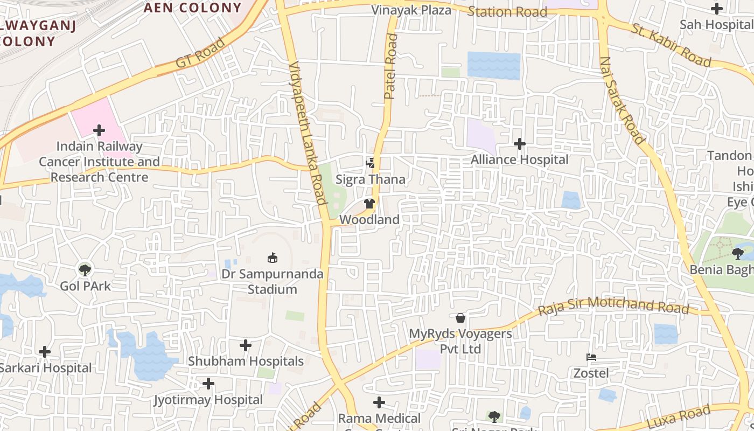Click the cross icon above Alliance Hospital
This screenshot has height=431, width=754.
[x=520, y=144]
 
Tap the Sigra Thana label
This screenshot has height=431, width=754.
[x=371, y=179]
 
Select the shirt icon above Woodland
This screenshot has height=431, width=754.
[x=369, y=204]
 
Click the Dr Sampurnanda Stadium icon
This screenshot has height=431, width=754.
[x=273, y=258]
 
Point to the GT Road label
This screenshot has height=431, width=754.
[x=200, y=53]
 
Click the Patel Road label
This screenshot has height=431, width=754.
[x=391, y=66]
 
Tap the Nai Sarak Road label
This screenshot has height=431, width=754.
[x=622, y=100]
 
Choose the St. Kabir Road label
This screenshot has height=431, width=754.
[x=671, y=45]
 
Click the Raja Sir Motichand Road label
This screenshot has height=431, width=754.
[x=613, y=306]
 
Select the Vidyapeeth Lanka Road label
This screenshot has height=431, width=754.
[x=309, y=133]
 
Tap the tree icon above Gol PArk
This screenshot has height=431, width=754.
[x=85, y=269]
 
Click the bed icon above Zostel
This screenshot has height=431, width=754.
[x=591, y=357]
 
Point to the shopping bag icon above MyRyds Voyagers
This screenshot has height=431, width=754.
[x=460, y=318]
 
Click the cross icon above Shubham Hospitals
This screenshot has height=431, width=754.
[x=246, y=345]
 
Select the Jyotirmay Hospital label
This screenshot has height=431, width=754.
[x=208, y=400]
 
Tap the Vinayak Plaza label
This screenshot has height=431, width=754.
[x=411, y=10]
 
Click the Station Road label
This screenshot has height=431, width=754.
[x=507, y=11]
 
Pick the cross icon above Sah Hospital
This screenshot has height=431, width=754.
[x=716, y=8]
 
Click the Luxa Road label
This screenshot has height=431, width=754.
[x=679, y=416]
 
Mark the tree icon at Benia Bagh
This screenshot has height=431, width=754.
[x=737, y=253]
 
